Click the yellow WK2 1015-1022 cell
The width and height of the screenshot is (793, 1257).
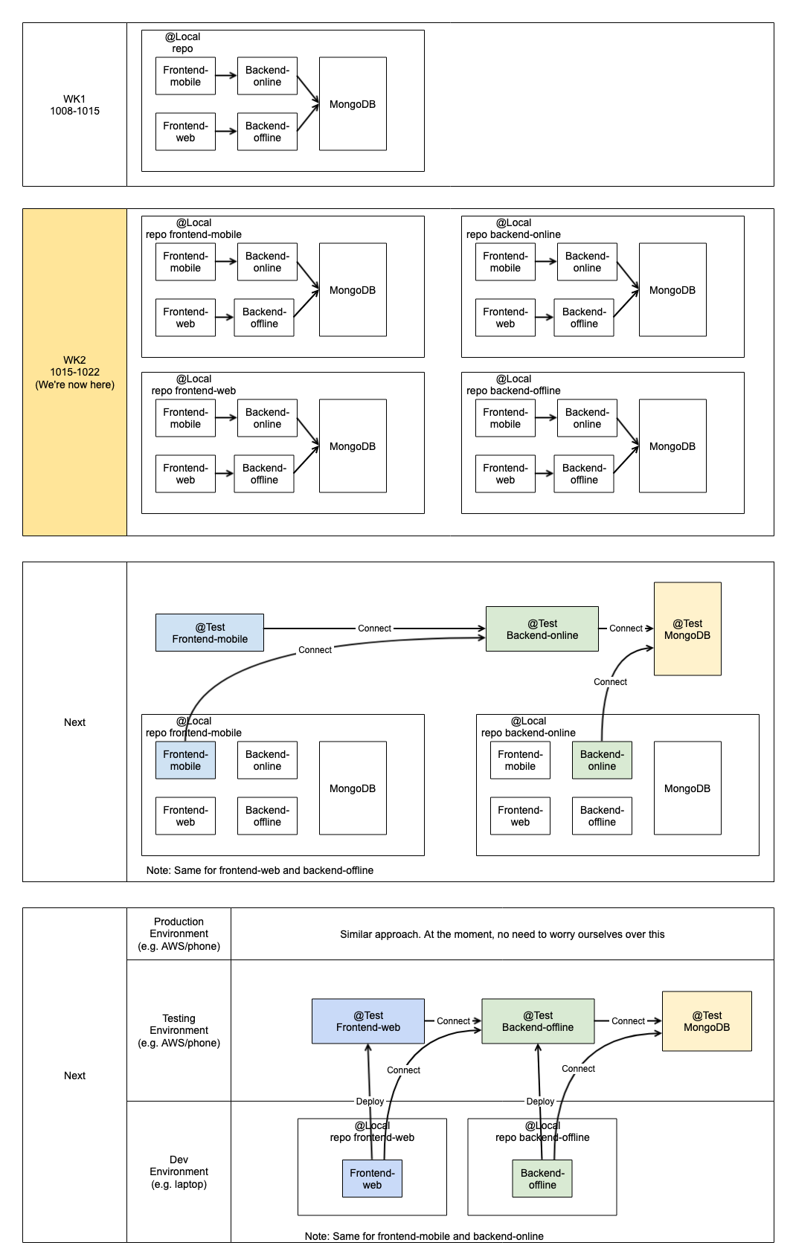click(74, 372)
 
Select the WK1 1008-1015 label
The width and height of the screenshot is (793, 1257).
click(74, 105)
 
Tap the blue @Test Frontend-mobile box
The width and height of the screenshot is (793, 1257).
click(210, 633)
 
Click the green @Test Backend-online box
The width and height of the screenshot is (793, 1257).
click(542, 629)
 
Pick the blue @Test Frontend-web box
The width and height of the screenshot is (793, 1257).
click(368, 1021)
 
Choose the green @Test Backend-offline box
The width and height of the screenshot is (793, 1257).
click(538, 1021)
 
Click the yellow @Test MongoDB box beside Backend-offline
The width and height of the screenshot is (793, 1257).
click(707, 1021)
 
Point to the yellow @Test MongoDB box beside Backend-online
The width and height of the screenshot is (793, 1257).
click(687, 629)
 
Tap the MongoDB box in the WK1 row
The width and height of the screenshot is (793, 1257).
click(353, 104)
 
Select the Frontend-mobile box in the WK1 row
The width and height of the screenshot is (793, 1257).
click(186, 76)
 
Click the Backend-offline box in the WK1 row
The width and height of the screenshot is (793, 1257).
click(267, 132)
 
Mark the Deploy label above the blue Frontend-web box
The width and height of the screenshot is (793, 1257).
click(370, 1101)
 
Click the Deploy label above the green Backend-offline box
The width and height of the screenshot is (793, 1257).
click(541, 1101)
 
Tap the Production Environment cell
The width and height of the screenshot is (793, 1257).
click(179, 933)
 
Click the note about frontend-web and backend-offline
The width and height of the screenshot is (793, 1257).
click(260, 870)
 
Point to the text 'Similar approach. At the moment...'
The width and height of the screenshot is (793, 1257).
click(502, 934)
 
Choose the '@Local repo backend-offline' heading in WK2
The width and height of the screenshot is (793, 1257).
click(513, 385)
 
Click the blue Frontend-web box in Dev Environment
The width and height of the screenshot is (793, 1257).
click(372, 1179)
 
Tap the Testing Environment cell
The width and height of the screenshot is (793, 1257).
click(179, 1030)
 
